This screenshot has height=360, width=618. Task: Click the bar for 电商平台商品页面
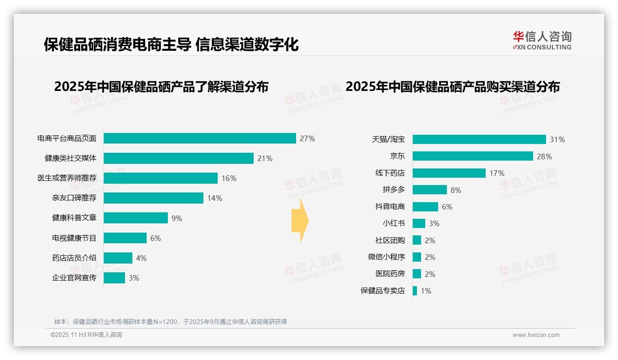pyautogui.click(x=199, y=138)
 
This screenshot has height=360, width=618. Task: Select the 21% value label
pyautogui.click(x=265, y=158)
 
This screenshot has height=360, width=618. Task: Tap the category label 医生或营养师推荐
pyautogui.click(x=67, y=178)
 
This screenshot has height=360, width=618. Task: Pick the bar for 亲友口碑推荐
pyautogui.click(x=153, y=198)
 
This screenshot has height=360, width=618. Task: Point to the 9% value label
pyautogui.click(x=177, y=218)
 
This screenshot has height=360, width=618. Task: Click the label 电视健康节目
pyautogui.click(x=74, y=238)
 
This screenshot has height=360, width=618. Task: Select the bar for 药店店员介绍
pyautogui.click(x=118, y=258)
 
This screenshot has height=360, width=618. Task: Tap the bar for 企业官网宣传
pyautogui.click(x=114, y=278)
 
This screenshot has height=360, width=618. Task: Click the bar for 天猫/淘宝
pyautogui.click(x=479, y=139)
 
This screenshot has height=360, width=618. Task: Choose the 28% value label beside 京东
pyautogui.click(x=544, y=156)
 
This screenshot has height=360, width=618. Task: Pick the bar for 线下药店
pyautogui.click(x=449, y=173)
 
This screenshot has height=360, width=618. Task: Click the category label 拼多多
pyautogui.click(x=393, y=190)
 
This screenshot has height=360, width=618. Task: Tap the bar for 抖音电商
pyautogui.click(x=425, y=207)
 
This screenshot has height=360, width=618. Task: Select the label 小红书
pyautogui.click(x=393, y=223)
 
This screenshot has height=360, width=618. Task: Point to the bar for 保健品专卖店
pyautogui.click(x=415, y=291)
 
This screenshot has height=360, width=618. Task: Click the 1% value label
pyautogui.click(x=426, y=291)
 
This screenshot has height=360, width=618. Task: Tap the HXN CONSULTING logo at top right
pyautogui.click(x=542, y=41)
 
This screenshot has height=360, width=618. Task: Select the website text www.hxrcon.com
pyautogui.click(x=536, y=335)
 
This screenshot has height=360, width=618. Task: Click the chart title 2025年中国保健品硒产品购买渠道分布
pyautogui.click(x=452, y=87)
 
